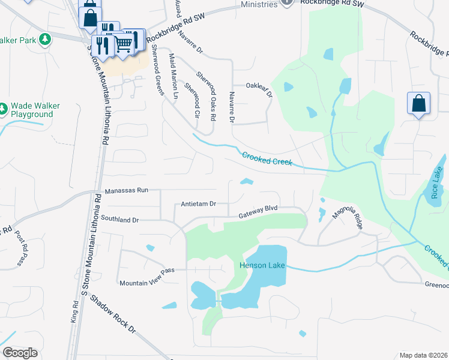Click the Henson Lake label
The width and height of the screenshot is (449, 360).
pos(262,266)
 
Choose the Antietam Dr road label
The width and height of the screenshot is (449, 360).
pos(199,204)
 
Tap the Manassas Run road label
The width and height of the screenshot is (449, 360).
pos(126,190)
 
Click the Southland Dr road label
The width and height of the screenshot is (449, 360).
pos(120,220)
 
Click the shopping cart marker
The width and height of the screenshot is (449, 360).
pos(123,43)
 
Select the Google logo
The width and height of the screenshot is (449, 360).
pos(20,353)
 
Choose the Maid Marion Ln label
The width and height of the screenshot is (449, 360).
pos(174,76)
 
